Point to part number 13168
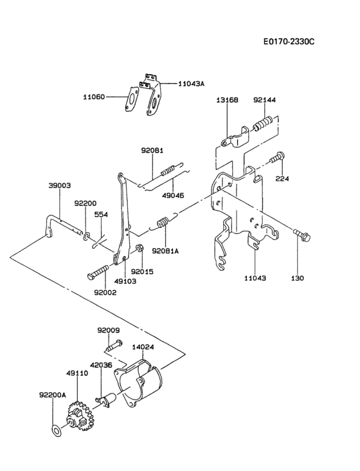[227, 100]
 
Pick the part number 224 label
[282, 179]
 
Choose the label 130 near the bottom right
[298, 278]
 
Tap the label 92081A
[165, 250]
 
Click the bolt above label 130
[301, 235]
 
